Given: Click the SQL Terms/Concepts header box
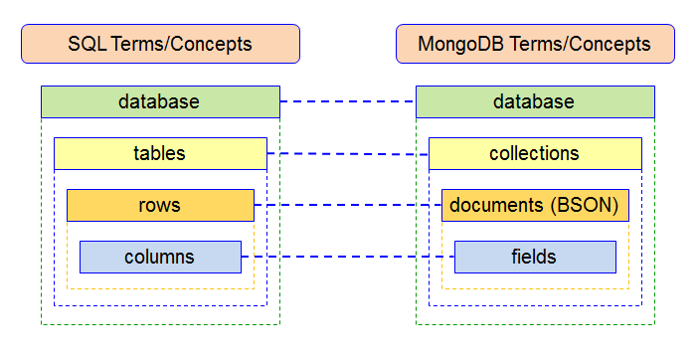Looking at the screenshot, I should [x=160, y=44].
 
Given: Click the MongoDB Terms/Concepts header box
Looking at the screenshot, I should [x=535, y=44].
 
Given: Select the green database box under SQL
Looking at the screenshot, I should [x=160, y=101].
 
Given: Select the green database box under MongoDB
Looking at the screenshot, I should [x=535, y=101].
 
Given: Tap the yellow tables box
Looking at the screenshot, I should [x=160, y=153].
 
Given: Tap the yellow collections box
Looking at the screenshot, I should [x=535, y=153].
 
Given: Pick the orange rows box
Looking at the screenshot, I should [x=160, y=205].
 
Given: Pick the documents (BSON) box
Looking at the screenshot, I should [x=535, y=205].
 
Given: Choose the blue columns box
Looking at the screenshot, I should [x=160, y=257].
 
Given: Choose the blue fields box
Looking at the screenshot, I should [x=535, y=257].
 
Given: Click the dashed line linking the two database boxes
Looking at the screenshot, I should [x=348, y=101].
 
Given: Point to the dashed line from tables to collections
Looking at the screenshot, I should [x=348, y=154].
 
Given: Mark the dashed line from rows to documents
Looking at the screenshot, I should [x=348, y=205].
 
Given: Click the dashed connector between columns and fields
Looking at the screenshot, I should [x=348, y=257].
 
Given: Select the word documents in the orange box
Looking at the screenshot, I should [x=494, y=205].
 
